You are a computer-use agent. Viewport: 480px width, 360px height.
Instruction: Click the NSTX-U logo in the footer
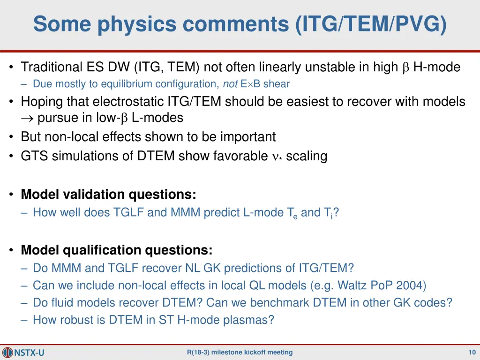(23, 352)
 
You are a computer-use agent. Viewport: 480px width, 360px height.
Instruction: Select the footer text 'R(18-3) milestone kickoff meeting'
(240, 352)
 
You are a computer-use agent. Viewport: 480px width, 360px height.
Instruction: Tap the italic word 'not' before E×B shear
(230, 84)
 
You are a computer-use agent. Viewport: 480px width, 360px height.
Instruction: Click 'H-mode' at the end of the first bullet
(436, 67)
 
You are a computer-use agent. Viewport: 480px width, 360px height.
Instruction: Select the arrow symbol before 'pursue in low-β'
(27, 118)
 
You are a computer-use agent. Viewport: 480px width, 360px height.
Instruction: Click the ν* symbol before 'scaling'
(277, 157)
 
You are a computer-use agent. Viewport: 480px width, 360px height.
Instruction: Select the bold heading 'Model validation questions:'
(108, 194)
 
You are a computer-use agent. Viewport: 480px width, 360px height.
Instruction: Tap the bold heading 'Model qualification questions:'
(116, 250)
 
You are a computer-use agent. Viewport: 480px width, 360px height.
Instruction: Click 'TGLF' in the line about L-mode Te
(129, 213)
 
